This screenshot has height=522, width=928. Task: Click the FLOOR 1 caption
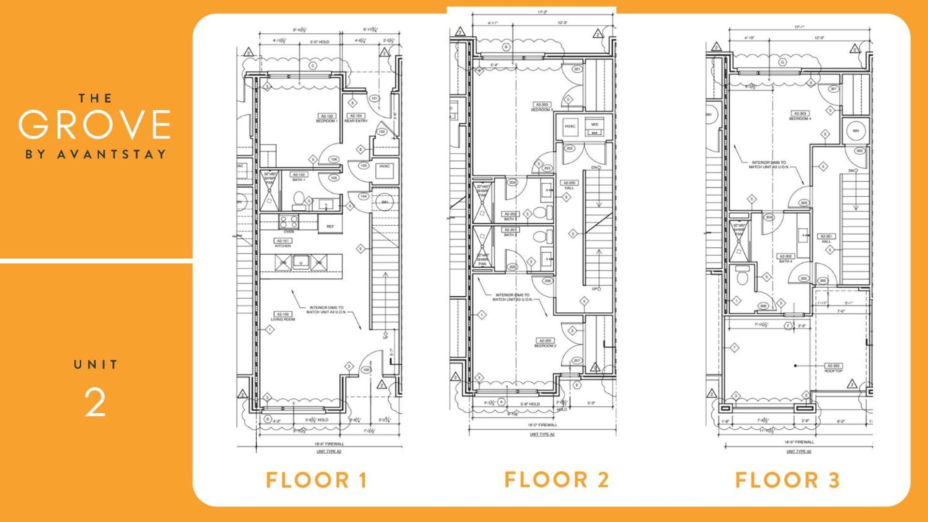pyautogui.click(x=317, y=480)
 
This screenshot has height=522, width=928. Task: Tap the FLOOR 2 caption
pyautogui.click(x=556, y=480)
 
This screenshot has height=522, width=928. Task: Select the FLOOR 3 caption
pyautogui.click(x=787, y=480)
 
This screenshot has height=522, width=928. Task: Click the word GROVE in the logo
pyautogui.click(x=95, y=124)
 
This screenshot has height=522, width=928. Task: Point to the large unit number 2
pyautogui.click(x=95, y=402)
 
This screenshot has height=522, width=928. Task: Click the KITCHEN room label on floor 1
pyautogui.click(x=283, y=243)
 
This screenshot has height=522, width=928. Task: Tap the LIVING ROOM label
pyautogui.click(x=283, y=317)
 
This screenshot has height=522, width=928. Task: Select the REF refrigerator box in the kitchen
pyautogui.click(x=330, y=226)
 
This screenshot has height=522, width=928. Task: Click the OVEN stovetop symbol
pyautogui.click(x=289, y=223)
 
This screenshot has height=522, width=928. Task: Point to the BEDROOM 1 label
pyautogui.click(x=327, y=118)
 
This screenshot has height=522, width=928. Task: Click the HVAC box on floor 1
pyautogui.click(x=384, y=167)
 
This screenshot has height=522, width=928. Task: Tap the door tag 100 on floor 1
pyautogui.click(x=366, y=370)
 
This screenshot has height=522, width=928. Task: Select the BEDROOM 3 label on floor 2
pyautogui.click(x=542, y=107)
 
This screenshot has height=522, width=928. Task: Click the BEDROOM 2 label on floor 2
pyautogui.click(x=545, y=343)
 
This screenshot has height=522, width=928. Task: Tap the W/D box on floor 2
pyautogui.click(x=595, y=127)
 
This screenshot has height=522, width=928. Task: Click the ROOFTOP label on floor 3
pyautogui.click(x=833, y=368)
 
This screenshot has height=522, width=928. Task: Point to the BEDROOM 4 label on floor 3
pyautogui.click(x=800, y=116)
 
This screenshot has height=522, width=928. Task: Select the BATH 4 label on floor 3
pyautogui.click(x=785, y=259)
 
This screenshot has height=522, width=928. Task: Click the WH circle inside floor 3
pyautogui.click(x=855, y=131)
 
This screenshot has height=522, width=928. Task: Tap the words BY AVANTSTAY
pyautogui.click(x=95, y=155)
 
